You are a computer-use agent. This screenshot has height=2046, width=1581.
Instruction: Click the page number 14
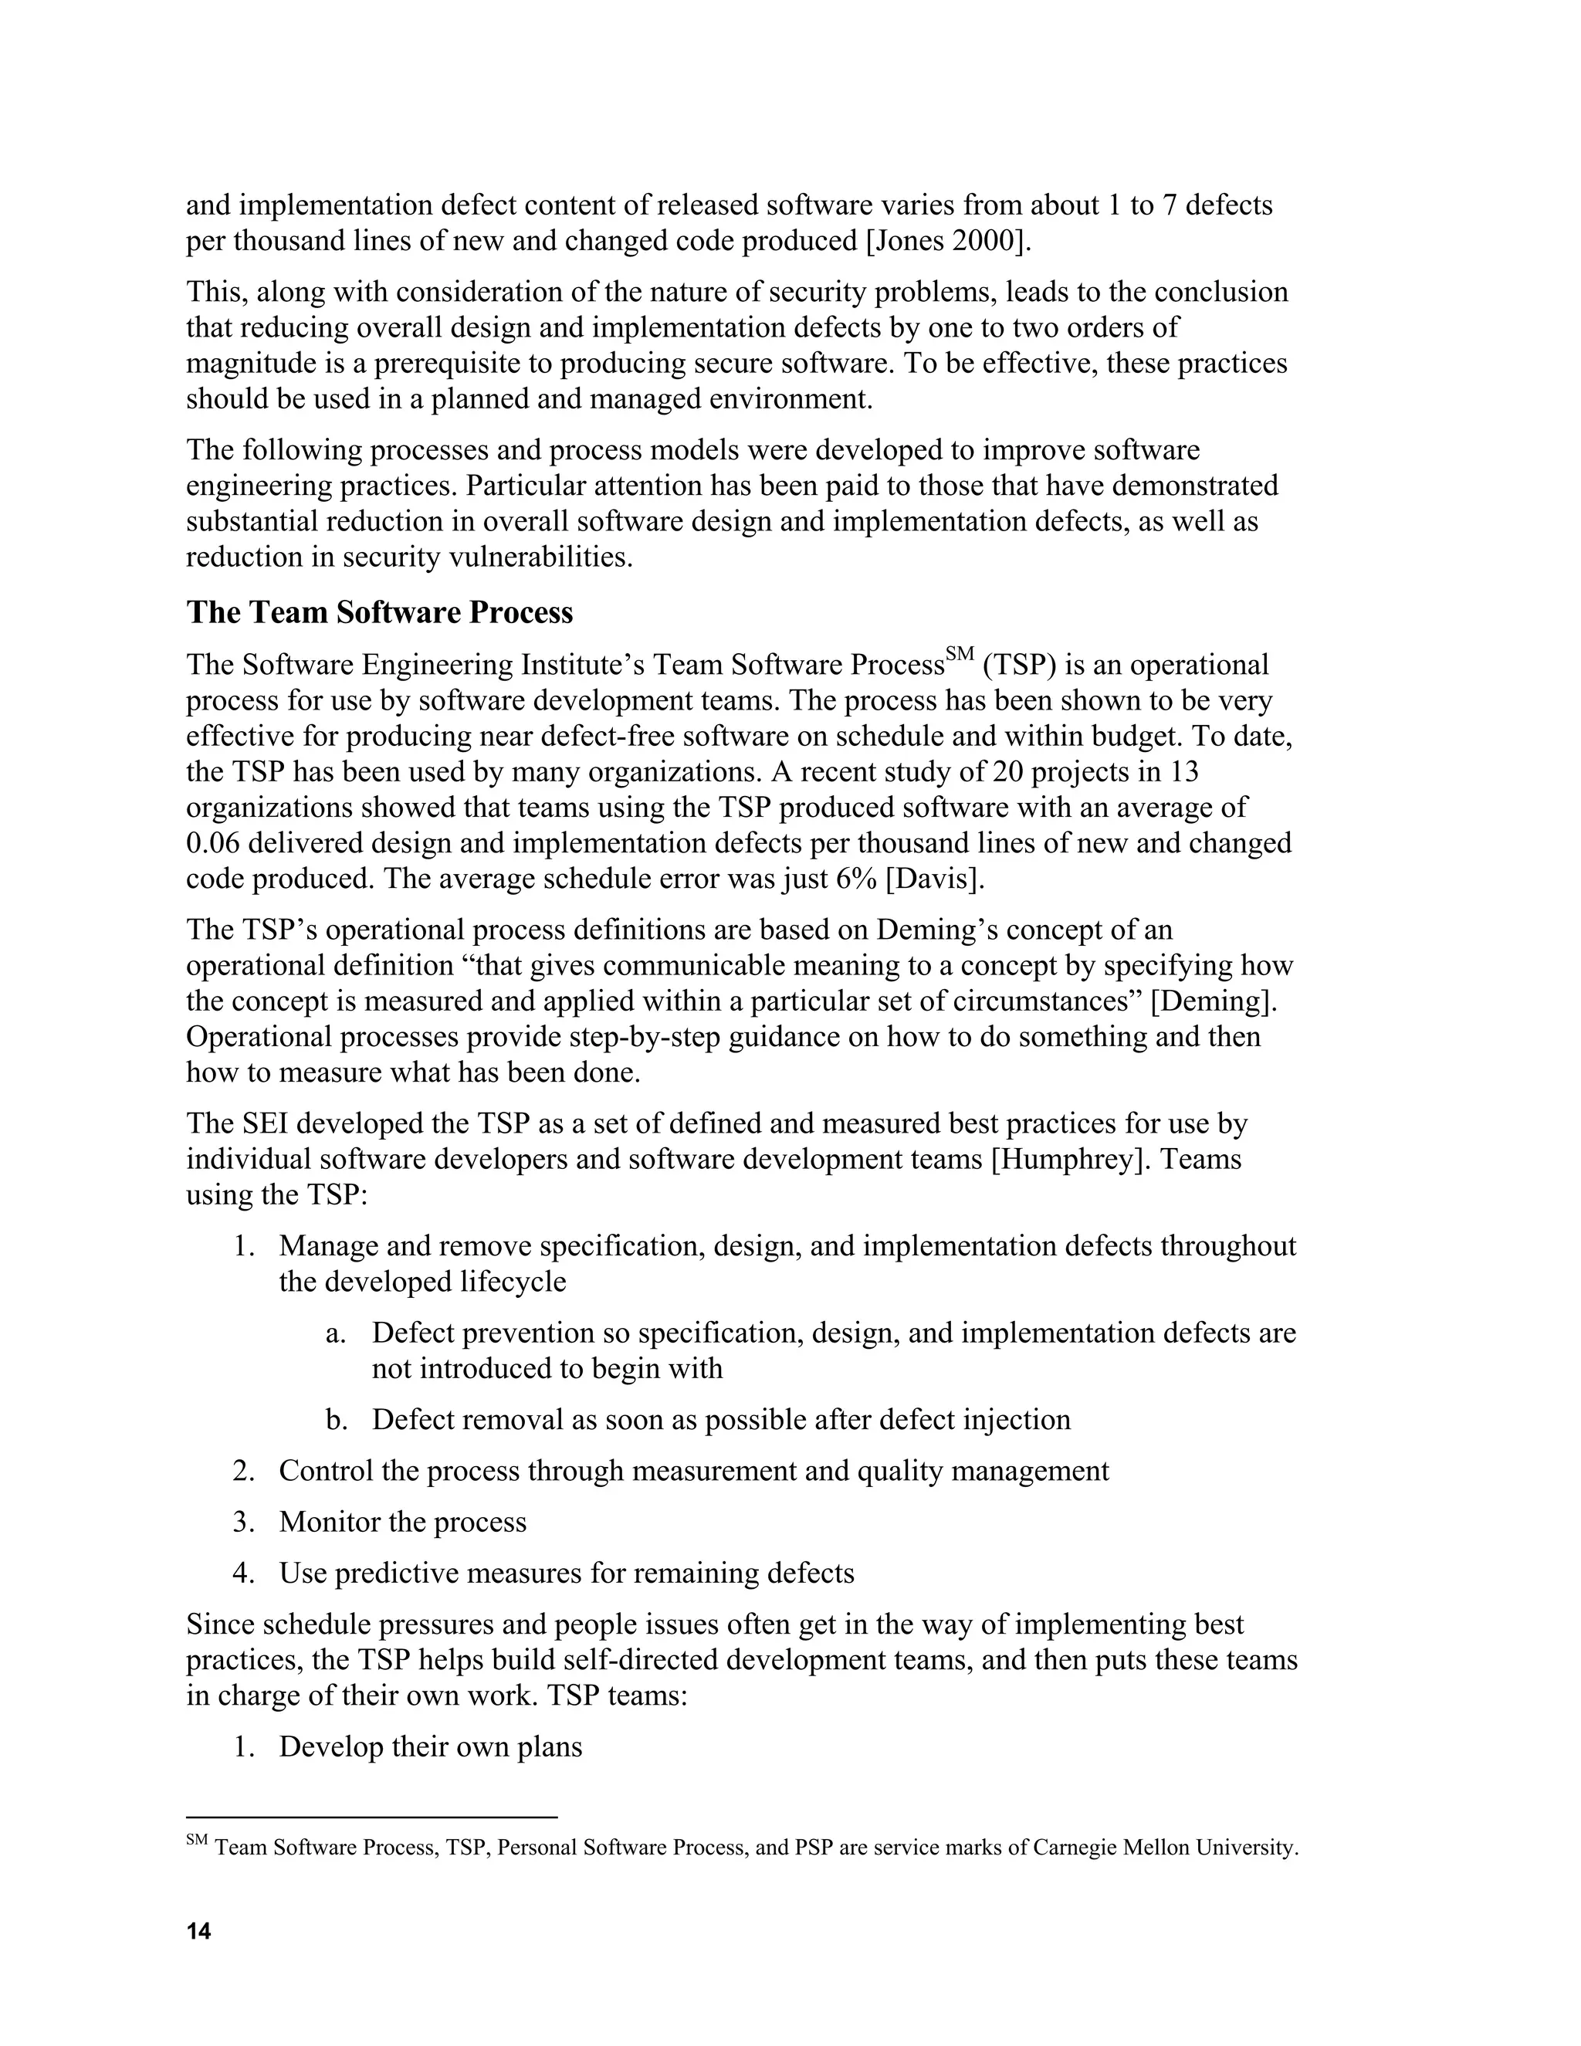coord(198,1931)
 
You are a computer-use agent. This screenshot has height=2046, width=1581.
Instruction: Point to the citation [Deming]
coord(1214,1001)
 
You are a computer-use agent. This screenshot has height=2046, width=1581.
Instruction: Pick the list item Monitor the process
coord(403,1523)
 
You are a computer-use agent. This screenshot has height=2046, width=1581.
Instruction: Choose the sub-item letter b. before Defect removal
coord(337,1420)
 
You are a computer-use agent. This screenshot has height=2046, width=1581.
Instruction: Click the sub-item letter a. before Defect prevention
coord(337,1333)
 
